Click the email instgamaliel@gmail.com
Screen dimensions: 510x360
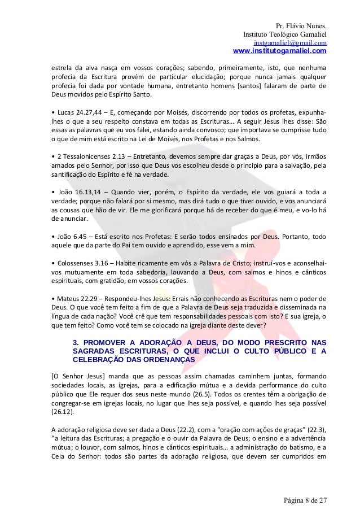click(x=290, y=43)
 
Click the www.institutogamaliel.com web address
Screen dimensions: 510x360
click(x=279, y=51)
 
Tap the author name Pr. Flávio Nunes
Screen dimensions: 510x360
click(x=301, y=25)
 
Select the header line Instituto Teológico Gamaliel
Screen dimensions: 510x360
click(x=284, y=34)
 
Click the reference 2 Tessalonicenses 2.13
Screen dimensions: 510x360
click(x=88, y=155)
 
